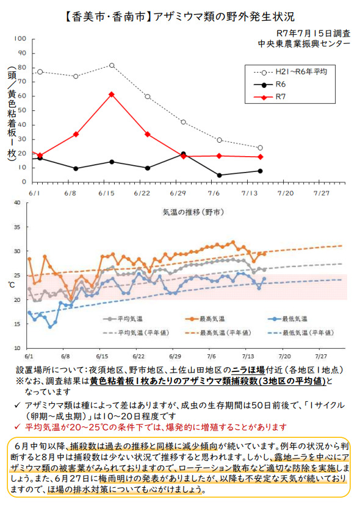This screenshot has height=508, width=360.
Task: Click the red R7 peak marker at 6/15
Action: [112, 95]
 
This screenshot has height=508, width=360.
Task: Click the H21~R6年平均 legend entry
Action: [290, 72]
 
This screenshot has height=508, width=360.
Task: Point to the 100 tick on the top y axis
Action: [20, 39]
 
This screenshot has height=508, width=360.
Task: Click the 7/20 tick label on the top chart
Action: [286, 193]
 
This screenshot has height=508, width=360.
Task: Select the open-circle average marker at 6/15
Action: [112, 65]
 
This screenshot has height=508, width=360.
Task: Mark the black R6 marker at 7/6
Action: [220, 175]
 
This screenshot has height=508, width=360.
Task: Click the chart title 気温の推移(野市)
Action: [193, 212]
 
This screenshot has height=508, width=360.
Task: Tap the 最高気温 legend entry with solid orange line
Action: [205, 319]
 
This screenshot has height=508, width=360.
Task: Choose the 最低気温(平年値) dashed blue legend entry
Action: [301, 333]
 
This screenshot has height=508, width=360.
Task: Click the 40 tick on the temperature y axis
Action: [17, 203]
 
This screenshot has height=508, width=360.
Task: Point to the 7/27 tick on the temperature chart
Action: [321, 356]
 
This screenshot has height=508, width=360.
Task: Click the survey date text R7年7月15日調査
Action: [314, 34]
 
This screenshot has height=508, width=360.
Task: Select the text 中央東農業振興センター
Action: [304, 44]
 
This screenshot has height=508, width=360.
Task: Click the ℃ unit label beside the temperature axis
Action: [12, 285]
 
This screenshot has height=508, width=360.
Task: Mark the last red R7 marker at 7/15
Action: [260, 157]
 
